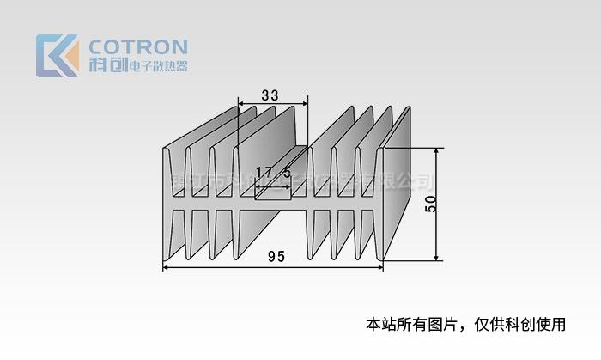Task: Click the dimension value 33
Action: (x=269, y=96)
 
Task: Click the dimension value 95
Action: (x=276, y=256)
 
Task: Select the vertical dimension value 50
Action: (x=431, y=204)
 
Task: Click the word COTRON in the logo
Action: (x=137, y=46)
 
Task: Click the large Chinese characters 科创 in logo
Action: (x=106, y=65)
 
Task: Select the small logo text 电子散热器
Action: (x=157, y=66)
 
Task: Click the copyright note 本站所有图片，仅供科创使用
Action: (x=466, y=324)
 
